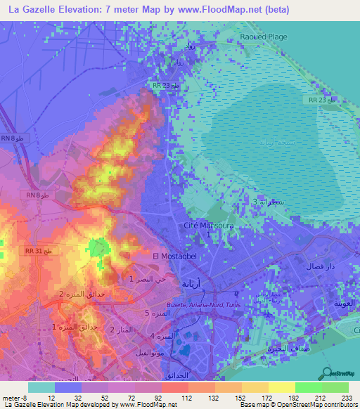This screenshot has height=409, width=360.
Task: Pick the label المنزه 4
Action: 161,335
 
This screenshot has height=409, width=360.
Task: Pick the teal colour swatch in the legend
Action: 41,387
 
